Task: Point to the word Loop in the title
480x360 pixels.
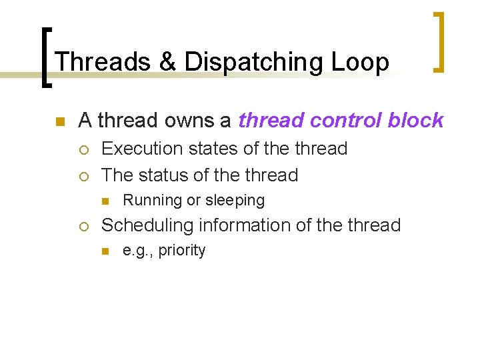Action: [x=363, y=63]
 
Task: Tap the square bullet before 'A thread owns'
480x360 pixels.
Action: [x=59, y=122]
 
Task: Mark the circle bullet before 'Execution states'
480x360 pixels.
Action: [x=83, y=149]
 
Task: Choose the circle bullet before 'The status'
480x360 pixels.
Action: [x=83, y=176]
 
